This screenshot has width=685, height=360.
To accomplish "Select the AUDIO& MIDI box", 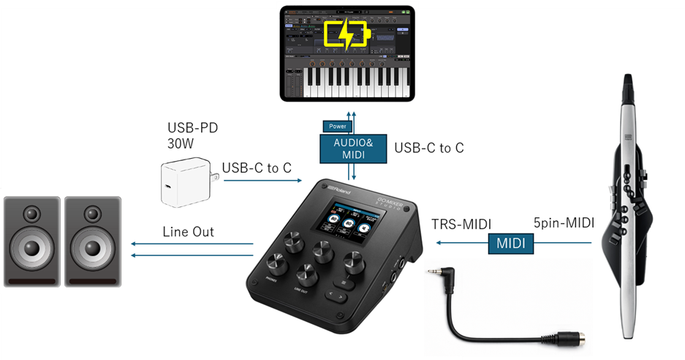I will tap(354, 148).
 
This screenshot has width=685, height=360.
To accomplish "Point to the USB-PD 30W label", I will tap(193, 136).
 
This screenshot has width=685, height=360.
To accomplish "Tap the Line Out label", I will tap(188, 231).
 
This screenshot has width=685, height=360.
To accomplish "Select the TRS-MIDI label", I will tap(460, 225).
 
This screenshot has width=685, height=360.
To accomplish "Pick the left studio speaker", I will tap(31, 241).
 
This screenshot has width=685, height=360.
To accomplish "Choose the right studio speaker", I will tap(92, 241).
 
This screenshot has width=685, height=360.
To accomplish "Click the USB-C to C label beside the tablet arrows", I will tap(429, 148).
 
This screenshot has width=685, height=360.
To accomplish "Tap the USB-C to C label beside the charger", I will tap(257, 168).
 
